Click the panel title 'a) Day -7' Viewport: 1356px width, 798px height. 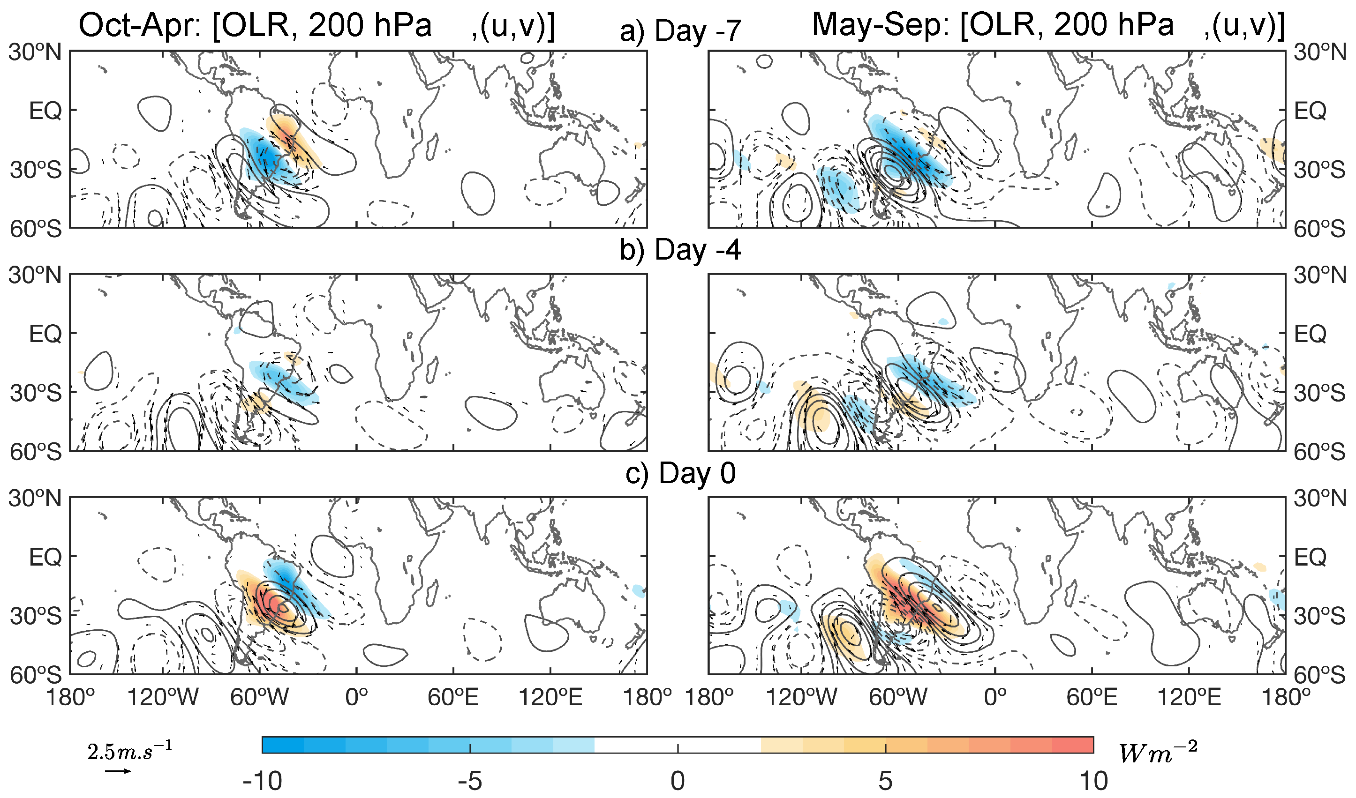point(680,30)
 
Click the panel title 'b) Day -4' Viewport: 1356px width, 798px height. point(680,250)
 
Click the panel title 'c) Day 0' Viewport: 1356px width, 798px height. point(680,474)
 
